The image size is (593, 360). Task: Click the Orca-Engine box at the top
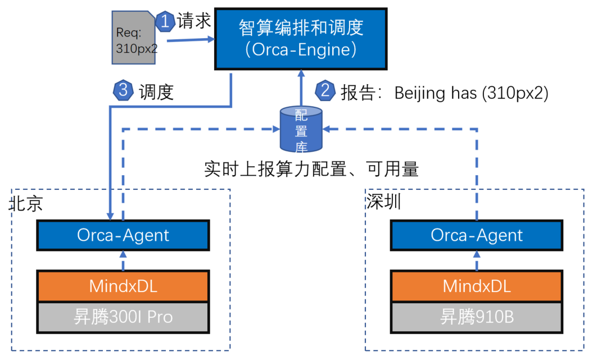[301, 39]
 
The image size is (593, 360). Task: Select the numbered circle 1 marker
[165, 21]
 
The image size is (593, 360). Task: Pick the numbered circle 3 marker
[123, 90]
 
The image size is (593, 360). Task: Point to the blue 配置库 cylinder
[301, 129]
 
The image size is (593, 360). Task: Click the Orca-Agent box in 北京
[123, 235]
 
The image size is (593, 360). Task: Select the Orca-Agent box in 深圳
[476, 235]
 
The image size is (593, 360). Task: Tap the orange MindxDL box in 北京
[123, 286]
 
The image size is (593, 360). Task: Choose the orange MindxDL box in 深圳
[476, 286]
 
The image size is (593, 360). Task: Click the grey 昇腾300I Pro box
[123, 317]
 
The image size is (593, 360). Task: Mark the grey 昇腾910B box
[476, 317]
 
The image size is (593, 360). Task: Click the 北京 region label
[26, 203]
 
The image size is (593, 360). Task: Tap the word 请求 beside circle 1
[194, 21]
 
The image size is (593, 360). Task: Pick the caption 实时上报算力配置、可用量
[311, 169]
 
